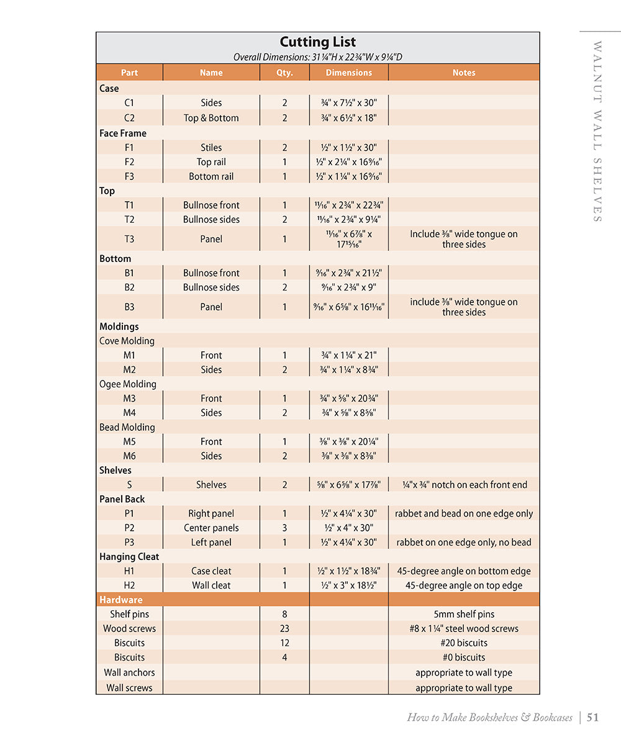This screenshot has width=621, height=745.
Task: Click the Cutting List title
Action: pos(317,42)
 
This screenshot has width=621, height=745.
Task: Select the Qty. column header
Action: pos(284,73)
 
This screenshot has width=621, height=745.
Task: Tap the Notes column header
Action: pos(464,73)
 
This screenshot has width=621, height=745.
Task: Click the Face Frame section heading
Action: pos(123,133)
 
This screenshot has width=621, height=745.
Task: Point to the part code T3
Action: pos(129,239)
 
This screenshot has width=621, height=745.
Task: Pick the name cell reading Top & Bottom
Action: pos(211,118)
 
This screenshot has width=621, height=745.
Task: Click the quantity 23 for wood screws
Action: pos(284,628)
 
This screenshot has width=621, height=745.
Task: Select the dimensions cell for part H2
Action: pos(349,585)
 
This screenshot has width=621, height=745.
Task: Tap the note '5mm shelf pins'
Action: pos(464,614)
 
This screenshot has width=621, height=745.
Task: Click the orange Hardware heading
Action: pos(121,600)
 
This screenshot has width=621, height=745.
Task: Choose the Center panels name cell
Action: pos(211,528)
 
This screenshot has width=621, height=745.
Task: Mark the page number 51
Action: pos(592,718)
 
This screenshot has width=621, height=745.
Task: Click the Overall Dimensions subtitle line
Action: pos(317,57)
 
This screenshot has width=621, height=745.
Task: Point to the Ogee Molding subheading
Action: pos(128,384)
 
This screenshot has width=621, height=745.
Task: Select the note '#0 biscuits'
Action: pos(464,657)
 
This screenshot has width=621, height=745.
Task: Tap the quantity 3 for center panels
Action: pos(284,528)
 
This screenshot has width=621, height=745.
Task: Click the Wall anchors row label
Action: pos(129,672)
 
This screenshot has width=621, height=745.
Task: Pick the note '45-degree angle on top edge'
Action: pos(464,585)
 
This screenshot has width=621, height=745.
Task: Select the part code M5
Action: pos(129,441)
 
